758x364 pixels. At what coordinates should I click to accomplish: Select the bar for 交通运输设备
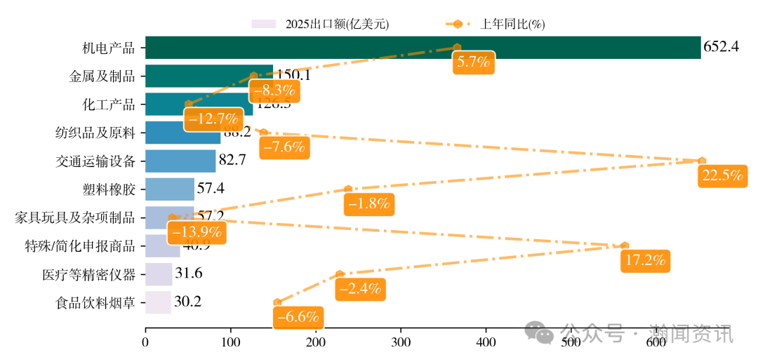coord(180,161)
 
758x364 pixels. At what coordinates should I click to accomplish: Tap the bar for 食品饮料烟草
coord(158,302)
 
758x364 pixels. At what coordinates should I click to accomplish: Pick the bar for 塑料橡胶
coord(170,189)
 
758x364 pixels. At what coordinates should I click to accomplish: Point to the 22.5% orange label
coord(722,176)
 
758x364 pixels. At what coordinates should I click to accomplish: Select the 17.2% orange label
coord(645,261)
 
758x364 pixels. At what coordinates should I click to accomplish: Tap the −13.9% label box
coord(197,232)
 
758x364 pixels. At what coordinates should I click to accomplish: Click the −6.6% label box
coord(300,317)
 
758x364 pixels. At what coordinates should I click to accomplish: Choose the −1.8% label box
coord(368,204)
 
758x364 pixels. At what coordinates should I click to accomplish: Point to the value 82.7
coord(232,161)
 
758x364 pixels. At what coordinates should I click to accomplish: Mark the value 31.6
coord(188,274)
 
